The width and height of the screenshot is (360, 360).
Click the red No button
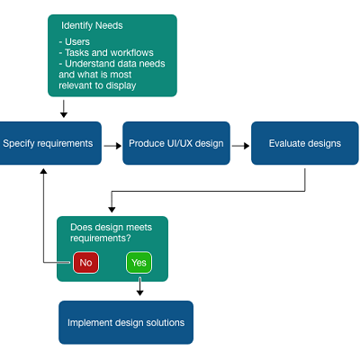(x=85, y=263)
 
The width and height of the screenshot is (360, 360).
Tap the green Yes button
(x=139, y=263)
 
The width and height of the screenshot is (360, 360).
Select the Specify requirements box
(x=50, y=143)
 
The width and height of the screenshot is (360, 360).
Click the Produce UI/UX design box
(x=176, y=143)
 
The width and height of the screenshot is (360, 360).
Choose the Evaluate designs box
(x=305, y=143)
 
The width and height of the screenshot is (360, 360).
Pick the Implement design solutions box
(x=126, y=322)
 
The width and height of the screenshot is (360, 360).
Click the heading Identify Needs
(x=92, y=25)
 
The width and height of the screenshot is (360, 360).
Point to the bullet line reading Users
(x=75, y=41)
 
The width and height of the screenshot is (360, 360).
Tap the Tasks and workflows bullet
(x=106, y=53)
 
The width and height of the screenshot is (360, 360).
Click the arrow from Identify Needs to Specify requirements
(x=64, y=109)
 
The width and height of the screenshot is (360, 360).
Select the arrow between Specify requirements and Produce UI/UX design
(x=112, y=146)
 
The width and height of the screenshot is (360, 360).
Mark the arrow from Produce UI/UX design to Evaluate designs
(x=240, y=146)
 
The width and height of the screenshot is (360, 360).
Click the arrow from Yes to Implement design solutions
(x=139, y=286)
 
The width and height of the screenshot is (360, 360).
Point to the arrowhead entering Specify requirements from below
(x=43, y=171)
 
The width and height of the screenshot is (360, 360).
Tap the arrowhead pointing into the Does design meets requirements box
(x=112, y=210)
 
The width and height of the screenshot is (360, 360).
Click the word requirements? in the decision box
(x=101, y=238)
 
